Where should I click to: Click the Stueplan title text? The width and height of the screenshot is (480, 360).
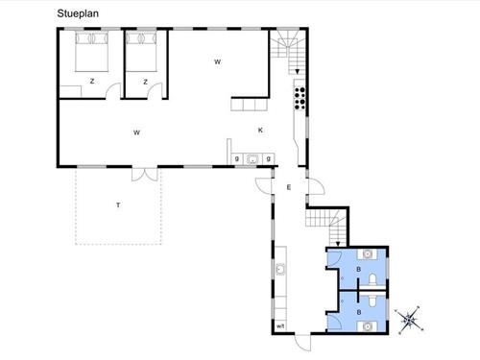click(x=78, y=13)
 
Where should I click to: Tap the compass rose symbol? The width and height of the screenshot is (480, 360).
click(x=410, y=319)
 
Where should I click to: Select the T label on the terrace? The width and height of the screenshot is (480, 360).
click(x=118, y=205)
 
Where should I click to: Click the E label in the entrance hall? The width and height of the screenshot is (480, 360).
click(x=289, y=187)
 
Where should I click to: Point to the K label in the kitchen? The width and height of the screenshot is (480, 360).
click(x=260, y=131)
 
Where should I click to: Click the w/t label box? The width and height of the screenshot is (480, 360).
click(x=280, y=326)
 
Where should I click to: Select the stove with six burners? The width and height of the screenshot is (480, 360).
click(x=300, y=98)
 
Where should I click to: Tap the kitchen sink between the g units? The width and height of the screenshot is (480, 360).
click(x=252, y=158)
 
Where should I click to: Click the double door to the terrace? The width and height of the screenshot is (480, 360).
click(x=145, y=175)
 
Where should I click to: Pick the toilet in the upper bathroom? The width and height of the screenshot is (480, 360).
click(x=372, y=280)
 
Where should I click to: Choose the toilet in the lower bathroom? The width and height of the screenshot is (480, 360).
click(x=372, y=300)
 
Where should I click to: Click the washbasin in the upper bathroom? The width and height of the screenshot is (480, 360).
click(x=368, y=254)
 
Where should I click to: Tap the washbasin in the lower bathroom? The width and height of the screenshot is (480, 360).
click(x=368, y=326)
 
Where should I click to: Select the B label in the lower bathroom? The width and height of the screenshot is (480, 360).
click(x=359, y=312)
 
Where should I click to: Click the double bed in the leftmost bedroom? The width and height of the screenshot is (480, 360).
click(x=92, y=52)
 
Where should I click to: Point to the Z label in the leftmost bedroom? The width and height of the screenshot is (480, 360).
click(x=92, y=82)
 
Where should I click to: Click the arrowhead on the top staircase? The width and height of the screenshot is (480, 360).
click(x=298, y=72)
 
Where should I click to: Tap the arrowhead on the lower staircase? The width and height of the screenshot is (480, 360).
click(x=338, y=244)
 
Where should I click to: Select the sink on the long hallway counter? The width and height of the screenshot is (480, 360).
click(x=280, y=269)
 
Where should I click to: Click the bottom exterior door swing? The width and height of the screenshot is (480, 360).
click(x=302, y=343)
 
